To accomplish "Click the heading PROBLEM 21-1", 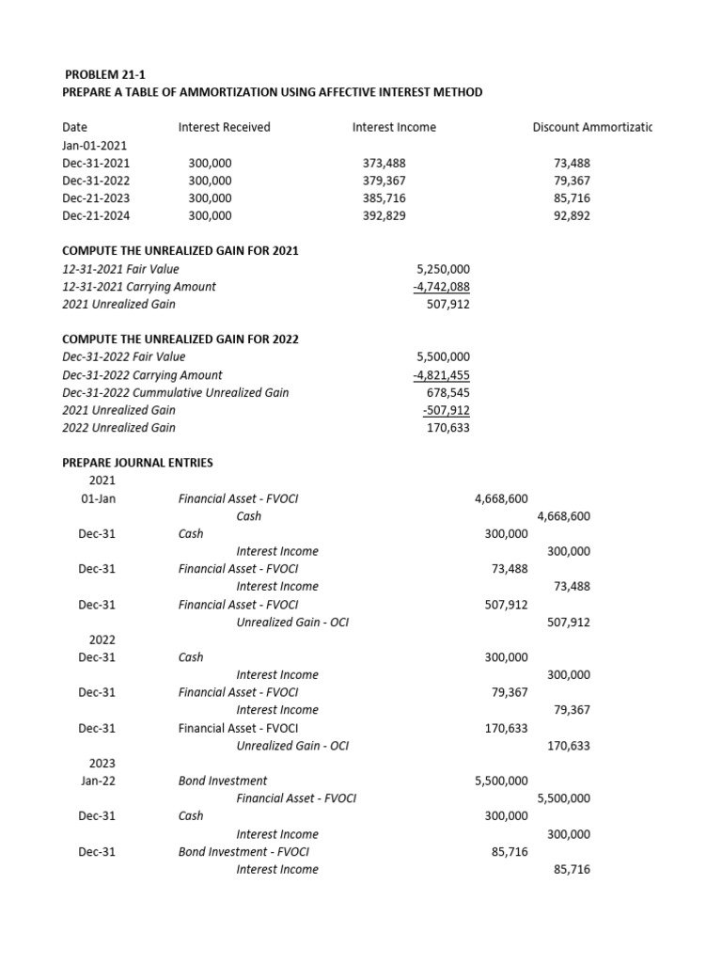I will (x=105, y=74).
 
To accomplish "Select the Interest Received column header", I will (x=224, y=127).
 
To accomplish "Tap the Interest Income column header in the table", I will (x=394, y=127).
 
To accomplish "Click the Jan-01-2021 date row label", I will (x=94, y=146).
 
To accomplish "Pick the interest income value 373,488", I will (x=385, y=163).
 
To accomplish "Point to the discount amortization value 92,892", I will (x=572, y=215).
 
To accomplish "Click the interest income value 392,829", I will (x=385, y=215).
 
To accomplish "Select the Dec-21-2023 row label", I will (x=96, y=198).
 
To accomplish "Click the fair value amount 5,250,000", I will (x=443, y=269).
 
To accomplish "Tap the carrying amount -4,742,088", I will (x=441, y=287).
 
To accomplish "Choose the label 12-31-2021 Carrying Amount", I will (x=138, y=287).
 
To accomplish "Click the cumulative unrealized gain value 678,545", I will (x=448, y=392).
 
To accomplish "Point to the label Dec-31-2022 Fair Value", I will (x=123, y=357).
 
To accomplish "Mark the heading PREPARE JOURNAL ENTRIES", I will (x=137, y=463).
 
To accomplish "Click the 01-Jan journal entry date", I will (x=99, y=498).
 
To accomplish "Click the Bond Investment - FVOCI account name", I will (x=243, y=851).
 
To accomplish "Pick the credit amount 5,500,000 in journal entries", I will (x=563, y=798).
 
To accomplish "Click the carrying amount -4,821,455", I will (x=441, y=374).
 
